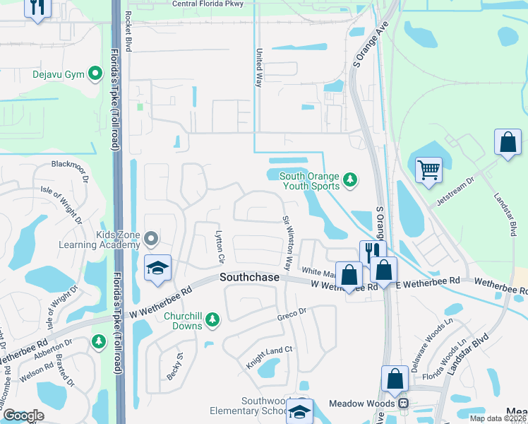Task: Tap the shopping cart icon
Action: (428, 170)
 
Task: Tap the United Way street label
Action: (259, 68)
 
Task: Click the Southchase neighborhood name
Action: (248, 278)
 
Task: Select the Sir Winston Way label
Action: (287, 244)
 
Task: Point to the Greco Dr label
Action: (290, 312)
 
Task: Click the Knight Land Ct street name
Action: (269, 358)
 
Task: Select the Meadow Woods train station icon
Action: (403, 404)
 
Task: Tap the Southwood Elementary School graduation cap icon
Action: (300, 410)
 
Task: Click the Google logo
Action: (23, 416)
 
